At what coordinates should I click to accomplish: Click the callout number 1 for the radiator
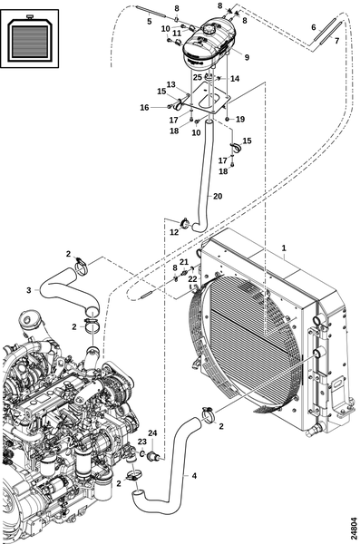point(284,248)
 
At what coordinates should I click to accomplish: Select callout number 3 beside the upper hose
point(29,290)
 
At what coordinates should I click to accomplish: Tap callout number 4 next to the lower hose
point(194,476)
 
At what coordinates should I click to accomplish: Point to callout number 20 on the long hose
point(218,197)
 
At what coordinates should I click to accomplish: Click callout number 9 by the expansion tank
point(247,57)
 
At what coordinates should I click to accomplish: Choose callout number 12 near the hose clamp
point(174,232)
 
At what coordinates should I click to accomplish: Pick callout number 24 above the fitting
point(152,433)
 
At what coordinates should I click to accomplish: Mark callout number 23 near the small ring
point(142,442)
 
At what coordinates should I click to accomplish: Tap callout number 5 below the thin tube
point(150,22)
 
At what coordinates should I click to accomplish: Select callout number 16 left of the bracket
point(144,108)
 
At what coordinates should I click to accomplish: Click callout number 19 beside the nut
point(240,119)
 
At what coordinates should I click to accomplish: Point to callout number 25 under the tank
point(198,77)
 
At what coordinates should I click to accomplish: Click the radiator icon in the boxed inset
point(30,38)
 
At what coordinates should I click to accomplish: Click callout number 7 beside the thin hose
point(336,41)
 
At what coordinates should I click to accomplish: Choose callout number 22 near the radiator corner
point(192,279)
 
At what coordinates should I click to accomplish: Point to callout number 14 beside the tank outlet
point(235,79)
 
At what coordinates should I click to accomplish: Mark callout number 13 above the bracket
point(170,84)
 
